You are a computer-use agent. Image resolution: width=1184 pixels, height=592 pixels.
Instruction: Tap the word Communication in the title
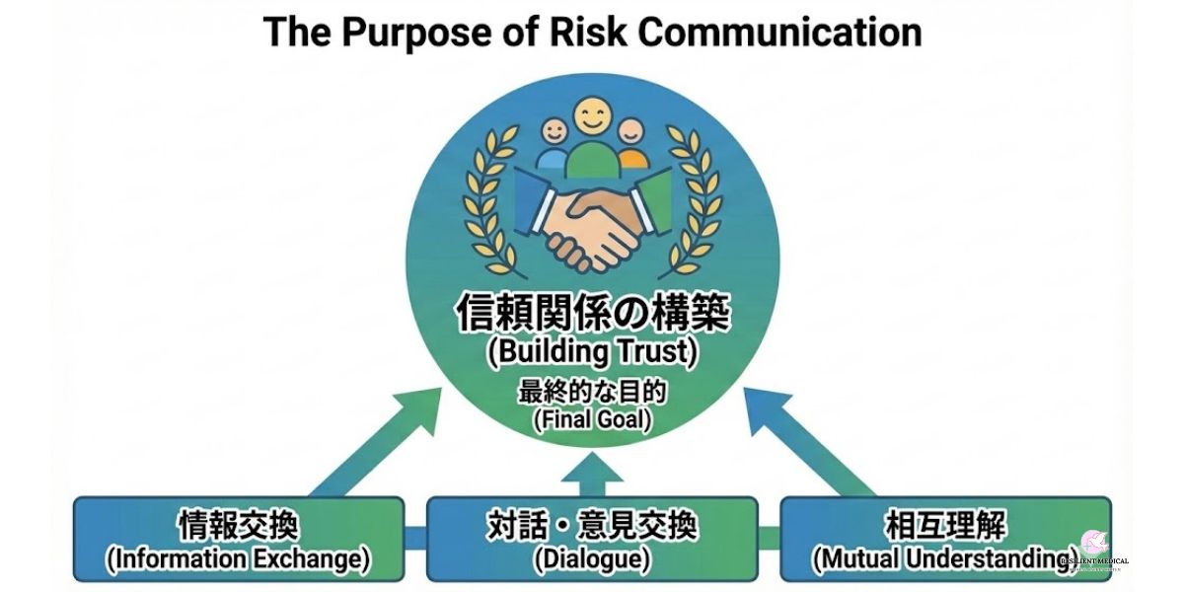pos(779,32)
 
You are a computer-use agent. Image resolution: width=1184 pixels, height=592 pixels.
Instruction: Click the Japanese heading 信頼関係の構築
pos(592,315)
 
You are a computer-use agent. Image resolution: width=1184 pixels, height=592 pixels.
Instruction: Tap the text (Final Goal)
pos(592,419)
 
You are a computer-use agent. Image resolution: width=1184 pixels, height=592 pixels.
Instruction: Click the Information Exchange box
pos(238,539)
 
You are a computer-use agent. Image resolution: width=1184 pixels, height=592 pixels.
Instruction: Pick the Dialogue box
pos(592,539)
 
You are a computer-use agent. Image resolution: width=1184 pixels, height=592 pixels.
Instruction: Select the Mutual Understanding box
pos(945,539)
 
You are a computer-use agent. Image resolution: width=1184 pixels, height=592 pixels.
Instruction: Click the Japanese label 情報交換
pos(238,524)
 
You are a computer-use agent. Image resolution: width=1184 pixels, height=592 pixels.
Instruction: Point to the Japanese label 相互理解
pos(945,524)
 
